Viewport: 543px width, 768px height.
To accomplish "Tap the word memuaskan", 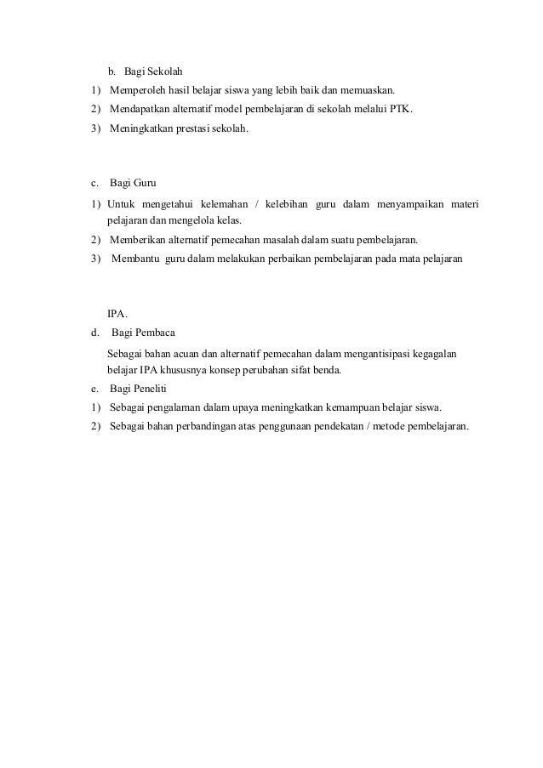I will pos(370,90).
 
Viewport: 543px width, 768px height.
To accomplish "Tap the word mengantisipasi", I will pos(380,353).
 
